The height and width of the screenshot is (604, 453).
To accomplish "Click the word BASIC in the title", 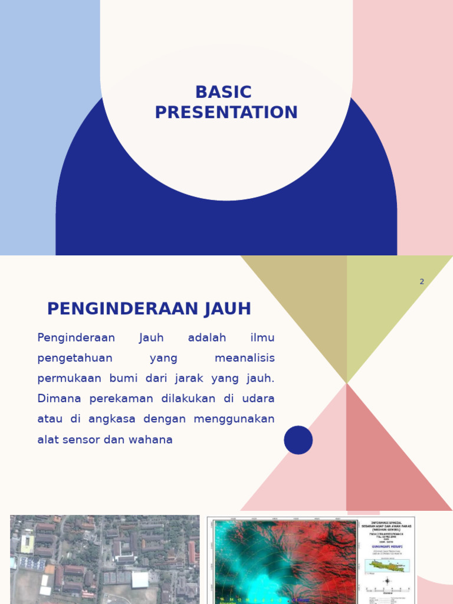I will click(x=224, y=93).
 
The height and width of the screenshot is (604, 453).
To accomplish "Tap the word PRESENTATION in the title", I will click(x=226, y=113).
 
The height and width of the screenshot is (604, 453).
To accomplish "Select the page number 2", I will click(x=422, y=282).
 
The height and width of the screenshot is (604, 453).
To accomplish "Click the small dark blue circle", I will click(x=298, y=440).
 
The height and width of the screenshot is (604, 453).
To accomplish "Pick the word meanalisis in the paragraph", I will click(x=245, y=358).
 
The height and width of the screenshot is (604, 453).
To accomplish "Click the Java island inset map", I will click(x=387, y=566).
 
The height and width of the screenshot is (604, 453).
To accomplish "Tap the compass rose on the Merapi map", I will click(x=387, y=582).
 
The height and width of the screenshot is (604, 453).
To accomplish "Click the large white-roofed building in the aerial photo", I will click(x=140, y=580).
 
